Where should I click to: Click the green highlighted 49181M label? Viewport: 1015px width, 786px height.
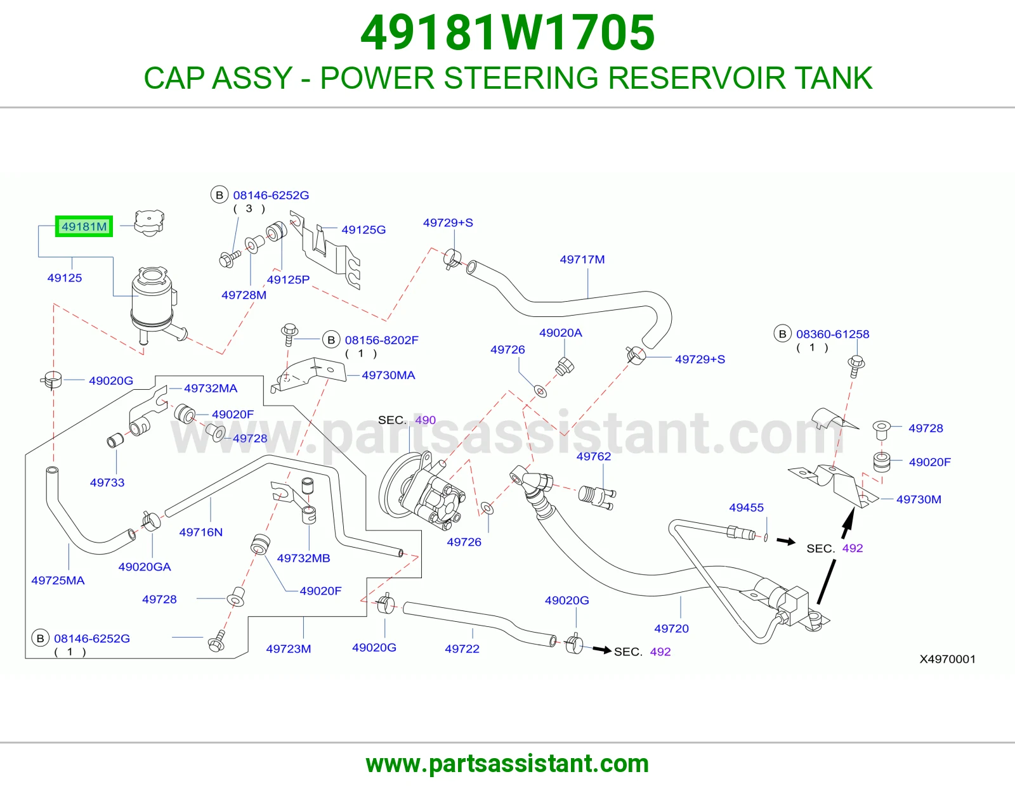point(84,226)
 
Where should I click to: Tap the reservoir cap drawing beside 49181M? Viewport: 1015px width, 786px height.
point(149,222)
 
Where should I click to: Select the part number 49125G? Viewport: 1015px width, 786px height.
point(363,229)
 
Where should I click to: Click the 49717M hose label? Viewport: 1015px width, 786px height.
point(582,259)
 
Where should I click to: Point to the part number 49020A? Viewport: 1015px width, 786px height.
point(561,333)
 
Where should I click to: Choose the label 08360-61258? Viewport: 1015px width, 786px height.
point(832,334)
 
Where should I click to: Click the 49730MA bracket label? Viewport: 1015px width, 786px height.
point(388,375)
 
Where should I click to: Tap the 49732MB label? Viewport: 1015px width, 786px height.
point(304,558)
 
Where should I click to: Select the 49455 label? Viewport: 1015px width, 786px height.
point(747,507)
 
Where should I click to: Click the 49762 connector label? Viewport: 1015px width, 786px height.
point(594,456)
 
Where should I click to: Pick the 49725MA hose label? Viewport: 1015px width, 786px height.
point(58,581)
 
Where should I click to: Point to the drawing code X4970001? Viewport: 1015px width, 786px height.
point(947,659)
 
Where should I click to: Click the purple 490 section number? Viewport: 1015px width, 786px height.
point(426,420)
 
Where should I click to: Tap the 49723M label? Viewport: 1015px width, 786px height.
point(289,649)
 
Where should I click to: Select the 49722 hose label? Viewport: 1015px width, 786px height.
point(462,649)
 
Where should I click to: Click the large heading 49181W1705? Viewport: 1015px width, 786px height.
point(507,32)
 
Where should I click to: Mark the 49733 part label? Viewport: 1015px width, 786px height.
point(107,482)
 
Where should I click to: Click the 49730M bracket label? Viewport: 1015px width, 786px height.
point(919,499)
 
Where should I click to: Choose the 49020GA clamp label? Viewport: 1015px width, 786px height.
point(145,567)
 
